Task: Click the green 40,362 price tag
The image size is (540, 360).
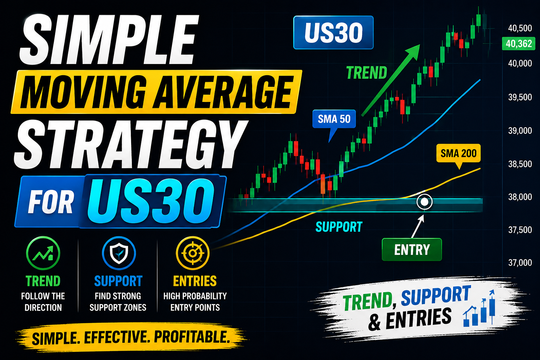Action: [x=518, y=44]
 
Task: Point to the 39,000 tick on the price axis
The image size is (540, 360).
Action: [x=520, y=131]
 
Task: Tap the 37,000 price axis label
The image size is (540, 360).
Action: [x=520, y=263]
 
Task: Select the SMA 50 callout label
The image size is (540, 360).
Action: [x=334, y=119]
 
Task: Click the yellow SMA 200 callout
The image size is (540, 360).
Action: [x=458, y=153]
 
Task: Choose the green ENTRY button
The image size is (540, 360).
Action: [x=412, y=250]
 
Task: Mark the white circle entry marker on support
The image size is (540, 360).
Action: [x=424, y=202]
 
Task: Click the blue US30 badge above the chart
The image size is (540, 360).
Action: [x=333, y=33]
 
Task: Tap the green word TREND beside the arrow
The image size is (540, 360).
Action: [x=367, y=72]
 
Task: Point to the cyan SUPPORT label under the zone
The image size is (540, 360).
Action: [x=339, y=227]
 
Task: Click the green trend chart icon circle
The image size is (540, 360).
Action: [x=43, y=253]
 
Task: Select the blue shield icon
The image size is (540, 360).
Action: [x=119, y=253]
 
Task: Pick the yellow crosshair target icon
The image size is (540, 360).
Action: [x=193, y=253]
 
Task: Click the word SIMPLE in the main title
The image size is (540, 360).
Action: [x=109, y=39]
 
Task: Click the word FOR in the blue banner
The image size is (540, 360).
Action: [x=51, y=202]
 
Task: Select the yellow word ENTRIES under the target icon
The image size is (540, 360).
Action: [x=195, y=281]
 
